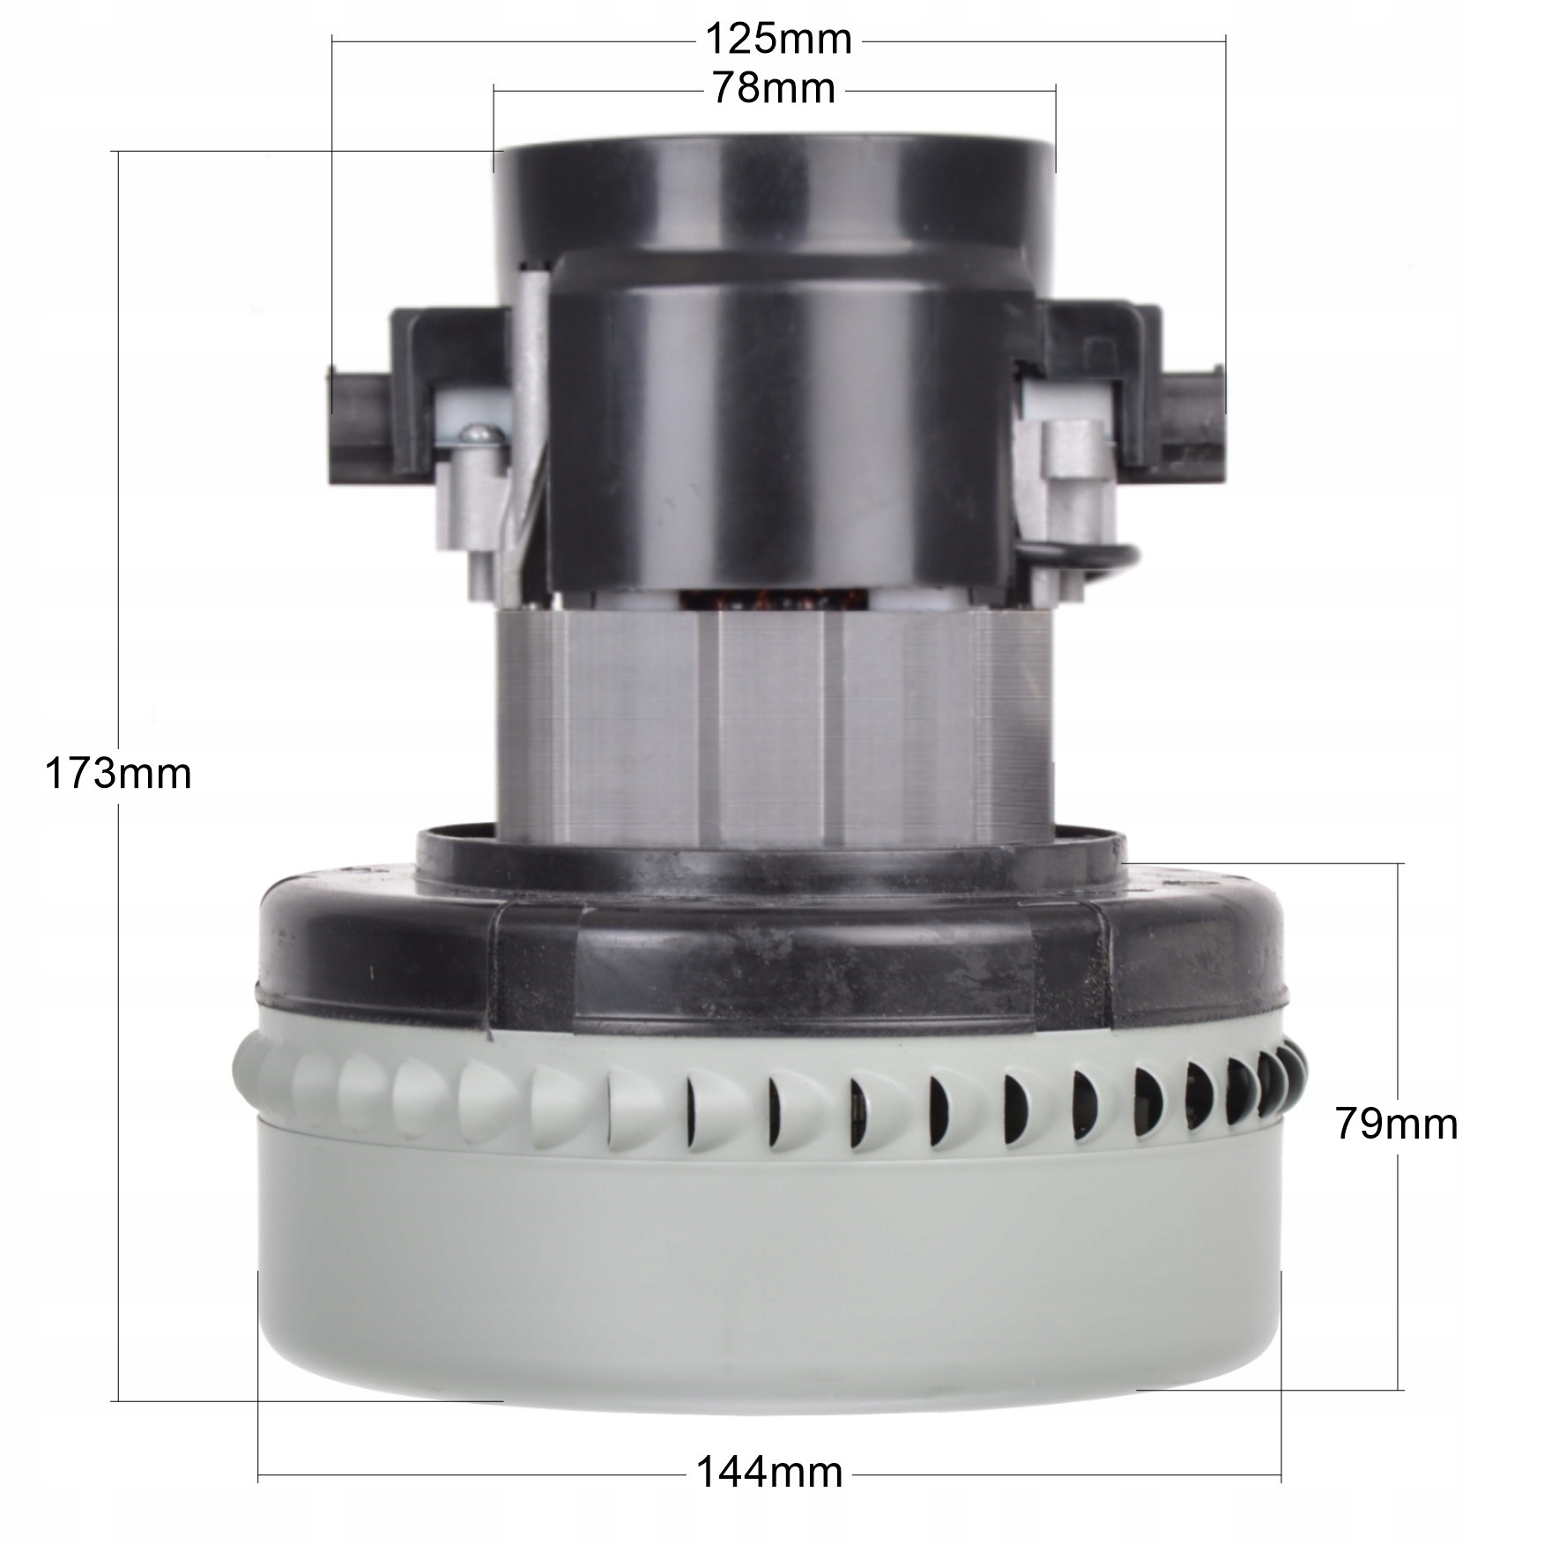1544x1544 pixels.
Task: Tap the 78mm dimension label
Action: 773,89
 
